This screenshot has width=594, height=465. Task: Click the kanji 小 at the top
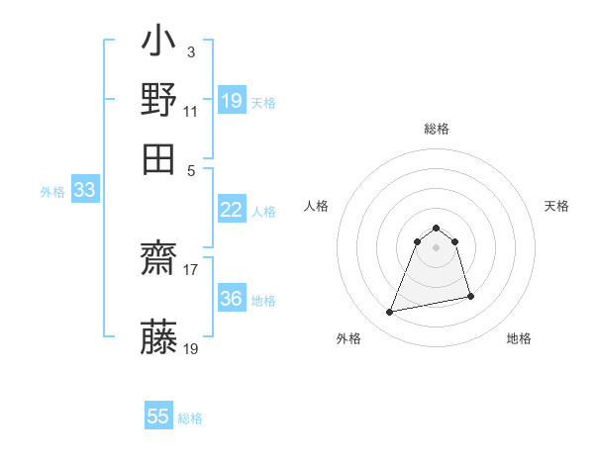[159, 45]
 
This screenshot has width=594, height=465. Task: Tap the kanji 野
[159, 101]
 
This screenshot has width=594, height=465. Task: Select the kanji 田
[159, 157]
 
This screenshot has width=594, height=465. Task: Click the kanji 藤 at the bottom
[159, 337]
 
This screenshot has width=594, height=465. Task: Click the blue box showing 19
[232, 100]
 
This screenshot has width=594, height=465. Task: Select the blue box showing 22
[232, 210]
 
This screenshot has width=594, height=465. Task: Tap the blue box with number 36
[232, 299]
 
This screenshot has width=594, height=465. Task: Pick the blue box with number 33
[84, 191]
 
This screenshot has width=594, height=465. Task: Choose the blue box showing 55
[158, 417]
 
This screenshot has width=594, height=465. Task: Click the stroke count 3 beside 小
[190, 50]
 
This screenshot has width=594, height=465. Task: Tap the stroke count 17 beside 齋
[191, 267]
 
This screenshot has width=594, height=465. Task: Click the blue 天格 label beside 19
[263, 102]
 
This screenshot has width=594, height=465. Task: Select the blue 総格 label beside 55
[190, 418]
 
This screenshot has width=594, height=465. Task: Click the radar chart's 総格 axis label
[437, 130]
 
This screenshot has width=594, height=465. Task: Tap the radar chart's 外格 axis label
[348, 339]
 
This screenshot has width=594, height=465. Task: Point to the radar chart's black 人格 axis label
[317, 206]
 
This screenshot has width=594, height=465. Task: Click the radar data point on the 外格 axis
[390, 313]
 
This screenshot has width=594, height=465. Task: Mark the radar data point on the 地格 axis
[470, 296]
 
